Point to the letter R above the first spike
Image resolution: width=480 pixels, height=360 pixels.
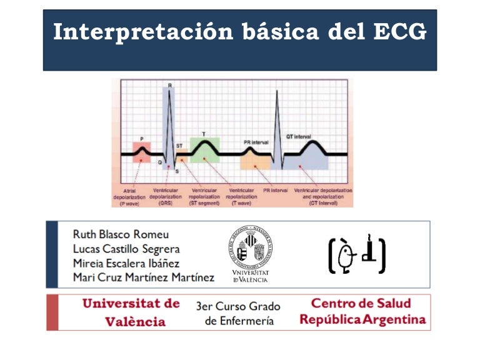(x=167, y=86)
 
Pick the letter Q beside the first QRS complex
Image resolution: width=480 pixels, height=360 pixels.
(x=159, y=162)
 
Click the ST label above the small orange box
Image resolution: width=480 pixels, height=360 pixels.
(x=179, y=145)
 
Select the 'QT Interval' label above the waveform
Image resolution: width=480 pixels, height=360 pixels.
(x=299, y=136)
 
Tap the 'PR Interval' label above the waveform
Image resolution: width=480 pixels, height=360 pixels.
(x=256, y=142)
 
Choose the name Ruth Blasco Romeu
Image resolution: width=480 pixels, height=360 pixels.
(x=121, y=234)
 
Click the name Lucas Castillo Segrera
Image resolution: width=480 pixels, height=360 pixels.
(x=126, y=249)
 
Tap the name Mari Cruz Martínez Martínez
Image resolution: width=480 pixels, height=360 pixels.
(x=143, y=277)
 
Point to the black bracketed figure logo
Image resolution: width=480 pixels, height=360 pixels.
(x=357, y=254)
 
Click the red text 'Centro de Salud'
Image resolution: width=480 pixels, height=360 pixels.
(x=361, y=304)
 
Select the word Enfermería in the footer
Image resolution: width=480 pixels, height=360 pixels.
(x=239, y=321)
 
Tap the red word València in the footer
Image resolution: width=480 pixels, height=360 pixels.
(x=134, y=322)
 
